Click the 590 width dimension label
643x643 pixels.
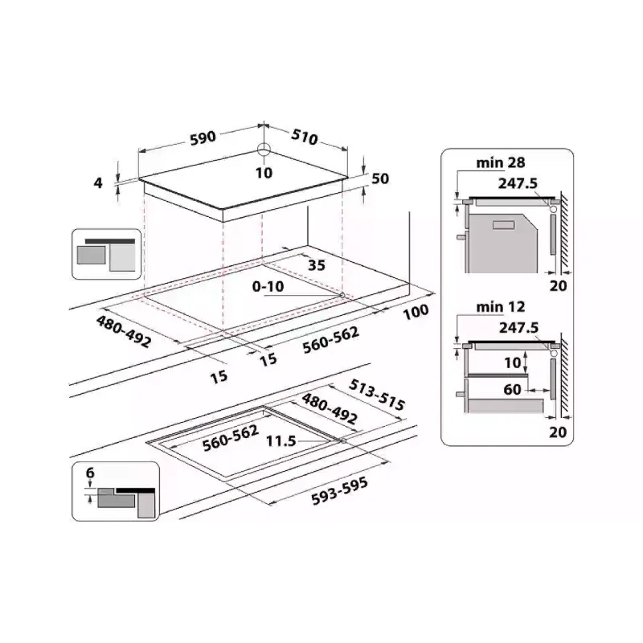click(203, 137)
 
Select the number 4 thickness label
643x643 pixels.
click(99, 182)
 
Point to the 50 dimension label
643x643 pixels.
click(379, 178)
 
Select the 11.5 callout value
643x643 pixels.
click(281, 440)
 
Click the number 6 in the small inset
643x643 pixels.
click(90, 473)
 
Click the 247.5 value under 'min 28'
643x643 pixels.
click(517, 183)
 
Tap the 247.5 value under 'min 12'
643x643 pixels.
click(517, 328)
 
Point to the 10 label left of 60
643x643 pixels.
click(513, 363)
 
